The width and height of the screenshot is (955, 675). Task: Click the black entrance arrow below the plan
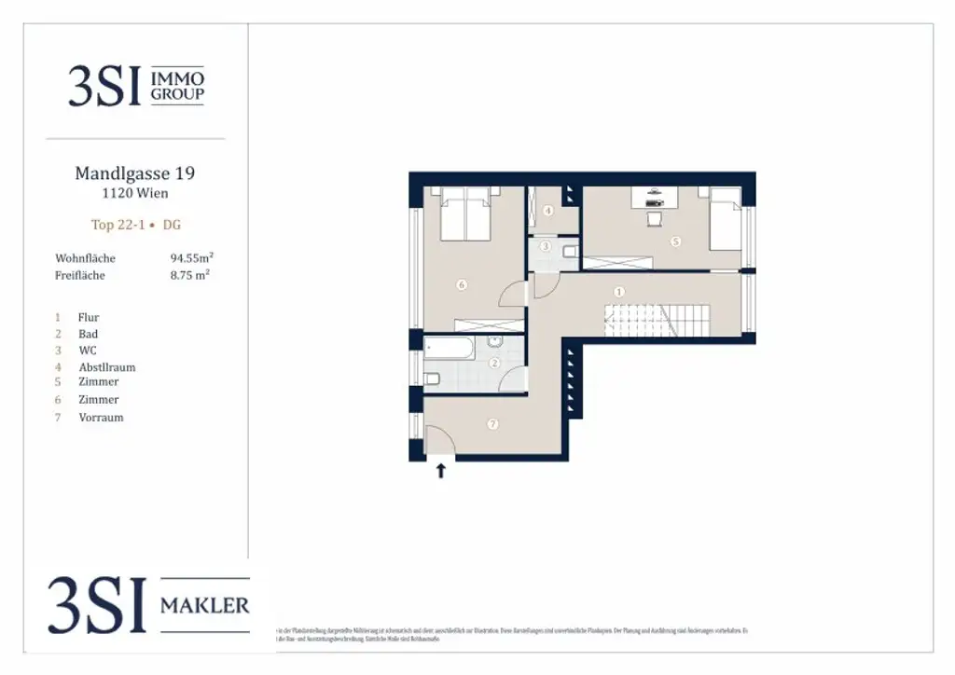pos(441,471)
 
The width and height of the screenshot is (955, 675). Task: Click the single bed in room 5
pos(725,219)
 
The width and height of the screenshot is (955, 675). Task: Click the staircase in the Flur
pos(657,321)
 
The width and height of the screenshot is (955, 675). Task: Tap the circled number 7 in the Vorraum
pos(493,424)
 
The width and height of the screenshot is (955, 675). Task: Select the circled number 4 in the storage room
pos(548,211)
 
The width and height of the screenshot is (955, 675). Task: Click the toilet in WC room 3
pos(570,250)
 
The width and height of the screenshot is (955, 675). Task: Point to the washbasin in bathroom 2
pos(495,343)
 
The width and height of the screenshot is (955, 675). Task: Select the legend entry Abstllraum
pos(107,367)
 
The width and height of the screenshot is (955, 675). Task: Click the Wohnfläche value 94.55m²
pos(192,257)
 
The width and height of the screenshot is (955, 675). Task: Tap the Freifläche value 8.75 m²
pos(189,275)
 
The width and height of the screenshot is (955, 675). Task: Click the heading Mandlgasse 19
pos(134,173)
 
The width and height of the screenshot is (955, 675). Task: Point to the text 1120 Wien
pos(134,194)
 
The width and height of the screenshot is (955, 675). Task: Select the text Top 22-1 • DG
pos(135,225)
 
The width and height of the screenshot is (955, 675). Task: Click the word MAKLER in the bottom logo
pos(205,606)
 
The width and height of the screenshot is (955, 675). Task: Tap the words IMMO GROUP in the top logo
pos(177,87)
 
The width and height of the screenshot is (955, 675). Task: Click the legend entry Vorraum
pos(101,418)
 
